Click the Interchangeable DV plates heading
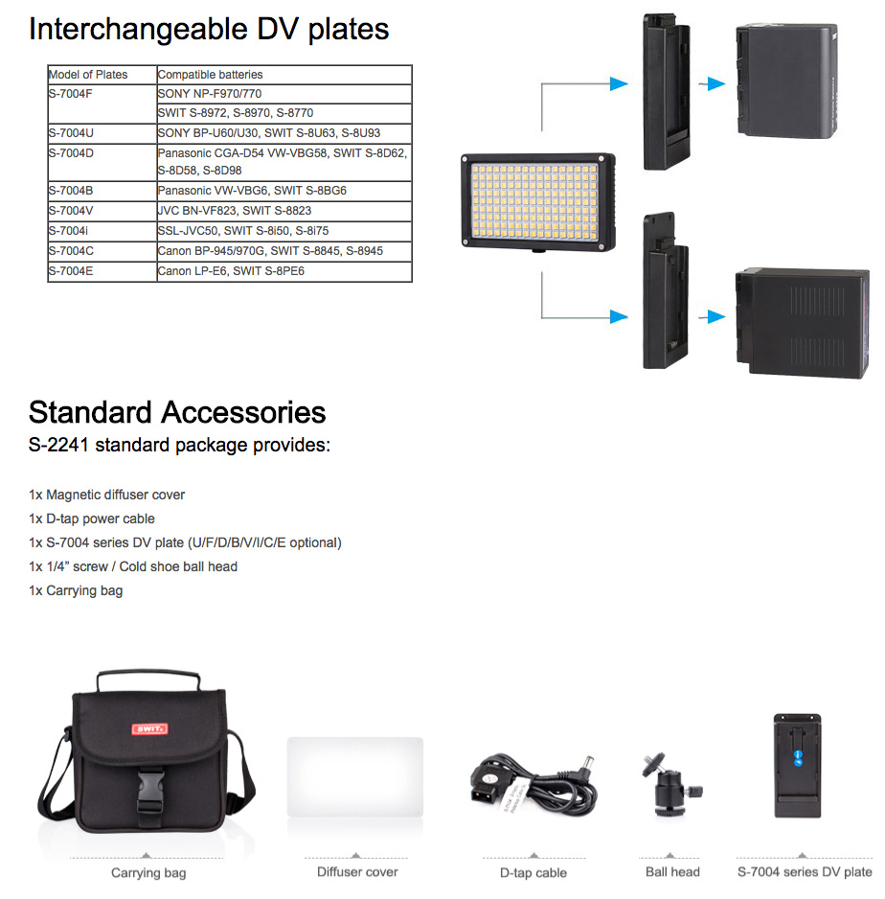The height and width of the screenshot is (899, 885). [x=209, y=30]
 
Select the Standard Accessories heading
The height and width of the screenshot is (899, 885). [x=177, y=412]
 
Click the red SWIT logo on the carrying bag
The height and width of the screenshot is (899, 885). [x=149, y=728]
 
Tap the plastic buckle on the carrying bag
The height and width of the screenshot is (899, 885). [x=150, y=791]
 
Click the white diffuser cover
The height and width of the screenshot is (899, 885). [x=355, y=777]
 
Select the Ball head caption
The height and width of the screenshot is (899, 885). [x=672, y=872]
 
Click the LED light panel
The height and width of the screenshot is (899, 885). [x=538, y=202]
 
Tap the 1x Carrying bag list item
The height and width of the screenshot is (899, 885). [x=76, y=590]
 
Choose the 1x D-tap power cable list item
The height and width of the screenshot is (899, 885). [x=92, y=519]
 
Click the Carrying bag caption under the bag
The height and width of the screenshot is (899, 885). [x=148, y=873]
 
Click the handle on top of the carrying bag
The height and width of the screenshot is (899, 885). [x=148, y=679]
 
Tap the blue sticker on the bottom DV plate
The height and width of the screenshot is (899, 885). [x=798, y=758]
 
